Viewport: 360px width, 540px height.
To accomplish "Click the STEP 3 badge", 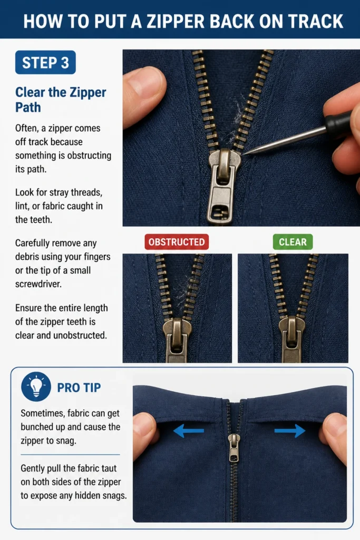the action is pos(45,62).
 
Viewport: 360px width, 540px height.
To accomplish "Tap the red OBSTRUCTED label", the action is pos(177,242).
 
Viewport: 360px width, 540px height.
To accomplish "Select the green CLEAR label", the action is pos(293,242).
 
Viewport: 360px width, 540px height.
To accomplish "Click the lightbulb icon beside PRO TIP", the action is pos(36,387).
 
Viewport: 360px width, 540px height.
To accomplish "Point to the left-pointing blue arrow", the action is pos(189,430).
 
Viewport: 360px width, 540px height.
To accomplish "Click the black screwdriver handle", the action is pos(339,122).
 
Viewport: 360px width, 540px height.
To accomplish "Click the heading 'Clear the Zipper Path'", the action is pos(61,100).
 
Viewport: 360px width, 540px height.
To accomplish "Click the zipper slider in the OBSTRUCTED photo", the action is pos(177,340).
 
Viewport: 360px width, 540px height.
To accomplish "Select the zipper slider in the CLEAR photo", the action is pos(292,339).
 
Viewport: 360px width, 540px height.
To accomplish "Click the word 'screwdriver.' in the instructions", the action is pos(38,284).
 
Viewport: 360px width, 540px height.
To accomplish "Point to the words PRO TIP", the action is pos(79,388).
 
